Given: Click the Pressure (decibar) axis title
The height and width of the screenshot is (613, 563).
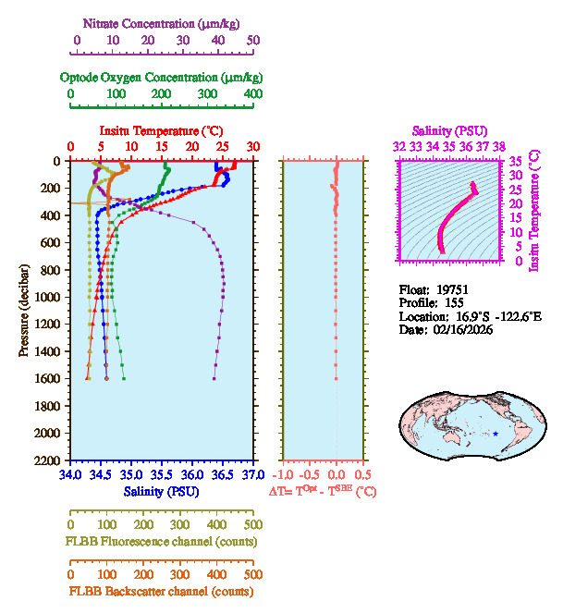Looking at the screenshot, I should pyautogui.click(x=24, y=311).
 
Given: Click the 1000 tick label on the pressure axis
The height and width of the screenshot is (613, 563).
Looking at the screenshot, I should pyautogui.click(x=49, y=297).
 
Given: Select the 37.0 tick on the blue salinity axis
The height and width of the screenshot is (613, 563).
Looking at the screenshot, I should pyautogui.click(x=251, y=475).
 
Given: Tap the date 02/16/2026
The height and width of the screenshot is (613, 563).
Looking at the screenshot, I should pyautogui.click(x=459, y=330).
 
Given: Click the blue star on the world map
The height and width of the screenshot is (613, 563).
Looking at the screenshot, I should pyautogui.click(x=496, y=434).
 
